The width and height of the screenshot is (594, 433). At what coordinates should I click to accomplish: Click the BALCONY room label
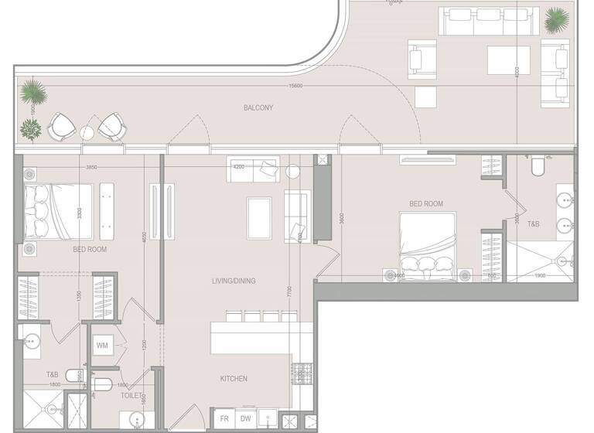[258, 108]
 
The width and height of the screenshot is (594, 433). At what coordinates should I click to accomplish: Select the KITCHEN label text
[233, 378]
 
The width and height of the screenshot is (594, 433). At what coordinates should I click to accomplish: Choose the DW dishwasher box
[246, 419]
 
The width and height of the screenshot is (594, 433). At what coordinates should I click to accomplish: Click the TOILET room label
[131, 394]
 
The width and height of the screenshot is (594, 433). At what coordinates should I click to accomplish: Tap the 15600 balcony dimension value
[295, 85]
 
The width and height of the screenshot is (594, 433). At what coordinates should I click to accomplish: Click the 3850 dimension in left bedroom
[92, 167]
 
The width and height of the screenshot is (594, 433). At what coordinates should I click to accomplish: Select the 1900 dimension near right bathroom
[541, 275]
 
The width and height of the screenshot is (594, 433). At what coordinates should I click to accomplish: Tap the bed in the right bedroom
[426, 242]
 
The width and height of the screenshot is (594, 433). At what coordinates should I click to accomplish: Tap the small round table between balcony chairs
[87, 133]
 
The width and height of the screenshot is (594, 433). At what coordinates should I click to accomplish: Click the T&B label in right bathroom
[534, 223]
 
